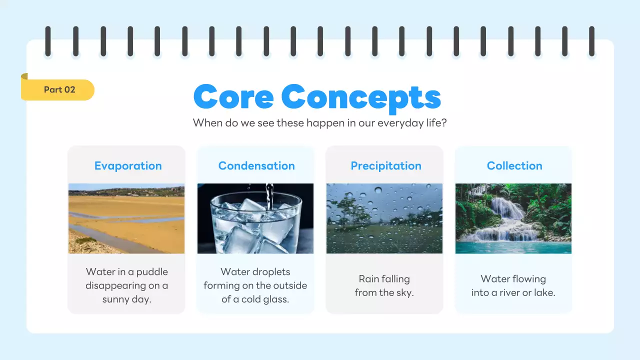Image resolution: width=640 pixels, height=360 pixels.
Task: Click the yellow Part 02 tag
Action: pyautogui.click(x=59, y=90)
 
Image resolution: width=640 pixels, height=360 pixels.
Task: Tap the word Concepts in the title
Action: pyautogui.click(x=361, y=97)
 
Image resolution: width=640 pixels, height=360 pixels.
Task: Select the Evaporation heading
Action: pyautogui.click(x=128, y=166)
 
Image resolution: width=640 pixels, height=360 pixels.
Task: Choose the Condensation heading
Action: pyautogui.click(x=256, y=166)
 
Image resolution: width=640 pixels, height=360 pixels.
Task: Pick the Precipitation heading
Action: pyautogui.click(x=385, y=166)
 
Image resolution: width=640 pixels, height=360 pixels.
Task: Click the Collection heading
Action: pyautogui.click(x=514, y=166)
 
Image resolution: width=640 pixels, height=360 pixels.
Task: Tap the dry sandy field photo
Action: pyautogui.click(x=126, y=218)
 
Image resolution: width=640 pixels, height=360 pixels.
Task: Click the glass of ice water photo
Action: pyautogui.click(x=255, y=218)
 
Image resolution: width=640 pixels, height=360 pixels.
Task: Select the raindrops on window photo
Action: pyautogui.click(x=384, y=218)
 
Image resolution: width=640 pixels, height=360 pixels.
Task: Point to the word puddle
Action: pyautogui.click(x=152, y=272)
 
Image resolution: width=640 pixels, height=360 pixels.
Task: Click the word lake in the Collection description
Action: pyautogui.click(x=543, y=293)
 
